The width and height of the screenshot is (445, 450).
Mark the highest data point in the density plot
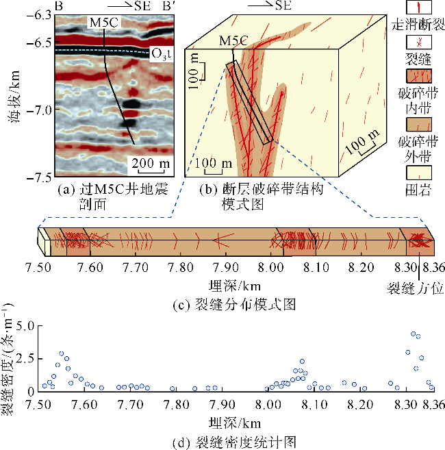tap(413, 334)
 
